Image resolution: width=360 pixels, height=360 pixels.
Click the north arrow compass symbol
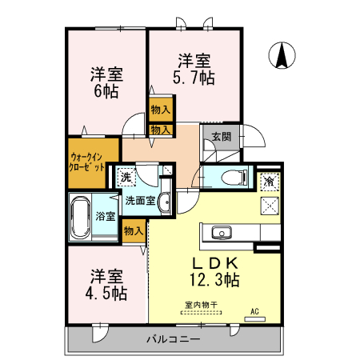tap(282, 55)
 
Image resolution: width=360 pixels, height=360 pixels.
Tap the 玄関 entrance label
tap(222, 137)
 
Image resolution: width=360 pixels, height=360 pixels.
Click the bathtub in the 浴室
tap(81, 216)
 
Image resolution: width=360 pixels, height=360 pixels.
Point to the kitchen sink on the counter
tap(221, 234)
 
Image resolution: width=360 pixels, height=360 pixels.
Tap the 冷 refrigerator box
tap(270, 182)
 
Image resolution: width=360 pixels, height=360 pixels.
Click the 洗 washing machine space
tap(125, 178)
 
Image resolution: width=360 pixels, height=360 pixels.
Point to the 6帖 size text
tap(105, 91)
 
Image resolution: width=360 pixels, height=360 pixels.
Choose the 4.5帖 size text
tap(107, 294)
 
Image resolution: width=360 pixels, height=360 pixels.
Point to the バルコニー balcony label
tap(173, 339)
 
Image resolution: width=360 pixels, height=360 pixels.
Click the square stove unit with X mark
tap(270, 205)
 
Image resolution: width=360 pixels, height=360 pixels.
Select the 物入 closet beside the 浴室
tap(133, 231)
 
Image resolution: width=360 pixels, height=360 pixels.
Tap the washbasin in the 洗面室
tap(163, 202)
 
